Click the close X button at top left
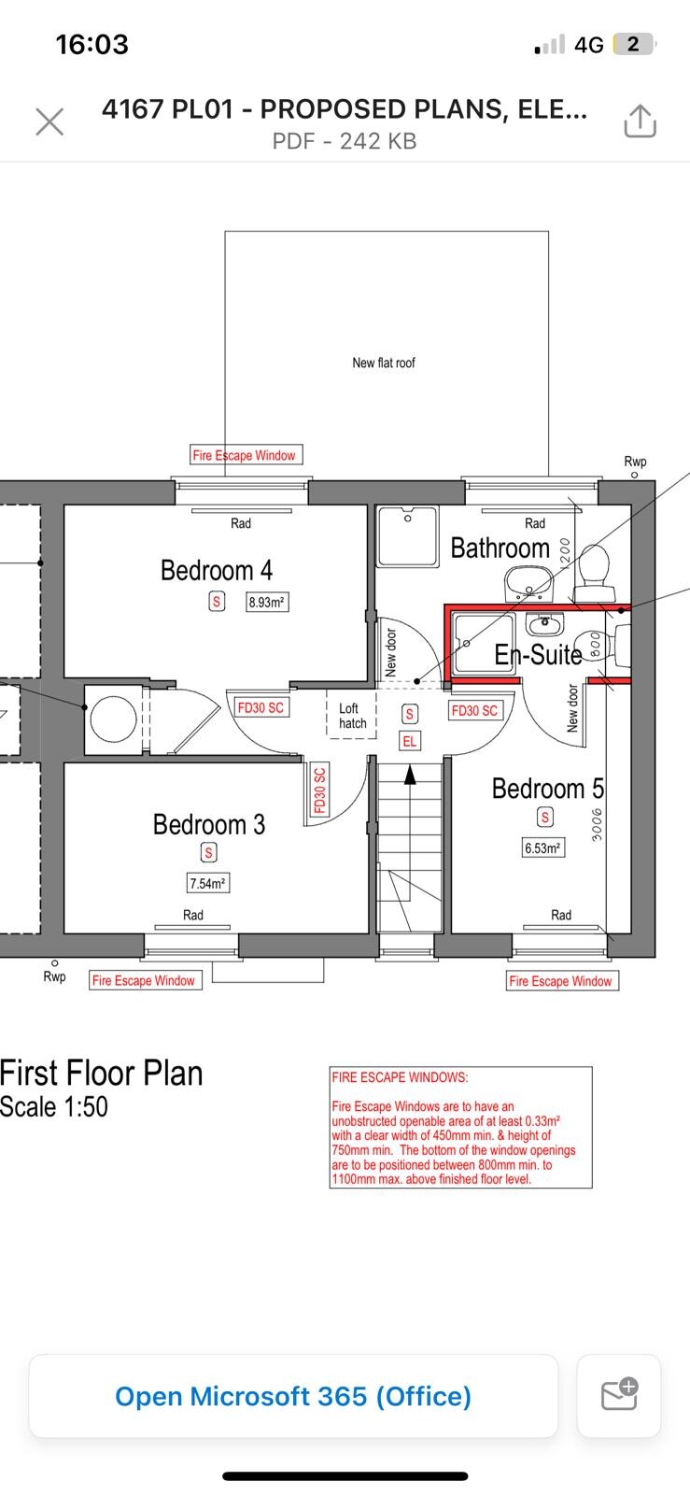click(x=49, y=121)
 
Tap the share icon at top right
click(x=640, y=121)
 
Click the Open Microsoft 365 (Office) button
click(x=293, y=1396)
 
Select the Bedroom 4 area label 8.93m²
click(x=266, y=603)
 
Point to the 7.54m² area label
click(x=207, y=883)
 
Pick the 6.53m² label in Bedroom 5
click(x=542, y=848)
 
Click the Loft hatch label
click(x=352, y=716)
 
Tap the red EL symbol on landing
click(x=409, y=741)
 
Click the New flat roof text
click(x=384, y=363)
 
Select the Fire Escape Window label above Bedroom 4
click(x=245, y=455)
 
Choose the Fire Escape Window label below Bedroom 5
click(x=561, y=980)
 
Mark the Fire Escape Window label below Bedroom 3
click(x=144, y=980)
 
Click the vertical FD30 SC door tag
click(x=319, y=790)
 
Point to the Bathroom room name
click(x=500, y=548)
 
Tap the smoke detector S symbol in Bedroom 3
click(x=209, y=852)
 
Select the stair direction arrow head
click(x=408, y=774)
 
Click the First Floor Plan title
click(x=102, y=1073)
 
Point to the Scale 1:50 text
click(x=54, y=1106)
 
